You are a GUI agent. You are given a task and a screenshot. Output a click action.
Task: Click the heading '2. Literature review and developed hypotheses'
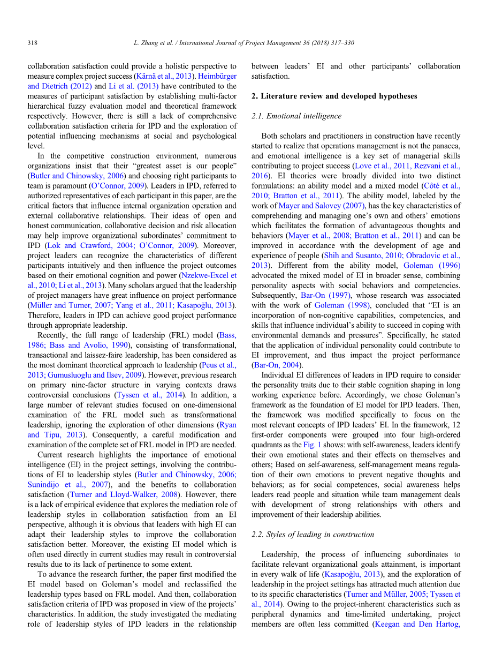(x=334, y=96)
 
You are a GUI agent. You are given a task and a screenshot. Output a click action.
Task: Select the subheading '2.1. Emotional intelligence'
(x=296, y=116)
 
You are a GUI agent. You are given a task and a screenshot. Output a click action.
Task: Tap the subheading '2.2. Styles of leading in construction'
(x=313, y=535)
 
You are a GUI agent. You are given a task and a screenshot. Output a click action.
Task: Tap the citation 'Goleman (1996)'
(x=433, y=265)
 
